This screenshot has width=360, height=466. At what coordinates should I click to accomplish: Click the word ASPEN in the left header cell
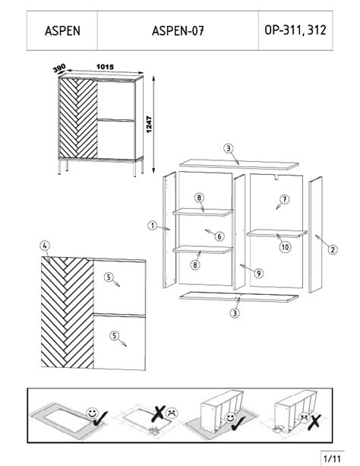tap(62, 32)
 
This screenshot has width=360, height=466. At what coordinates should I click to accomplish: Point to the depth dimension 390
tap(58, 69)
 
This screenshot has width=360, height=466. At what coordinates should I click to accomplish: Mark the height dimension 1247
tap(151, 125)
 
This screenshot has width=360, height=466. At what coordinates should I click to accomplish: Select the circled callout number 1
tap(152, 226)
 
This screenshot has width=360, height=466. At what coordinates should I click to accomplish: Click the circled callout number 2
tap(333, 248)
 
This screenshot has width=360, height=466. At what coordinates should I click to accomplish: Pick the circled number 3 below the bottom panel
tap(236, 312)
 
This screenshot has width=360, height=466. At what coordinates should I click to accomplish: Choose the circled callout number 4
tap(46, 246)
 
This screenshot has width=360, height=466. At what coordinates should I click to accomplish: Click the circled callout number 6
tap(219, 236)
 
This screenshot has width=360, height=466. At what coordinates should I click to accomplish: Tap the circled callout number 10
tap(284, 247)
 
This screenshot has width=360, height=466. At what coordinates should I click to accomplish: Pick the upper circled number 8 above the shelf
tap(199, 198)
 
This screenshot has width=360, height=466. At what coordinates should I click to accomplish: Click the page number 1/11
tap(333, 458)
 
